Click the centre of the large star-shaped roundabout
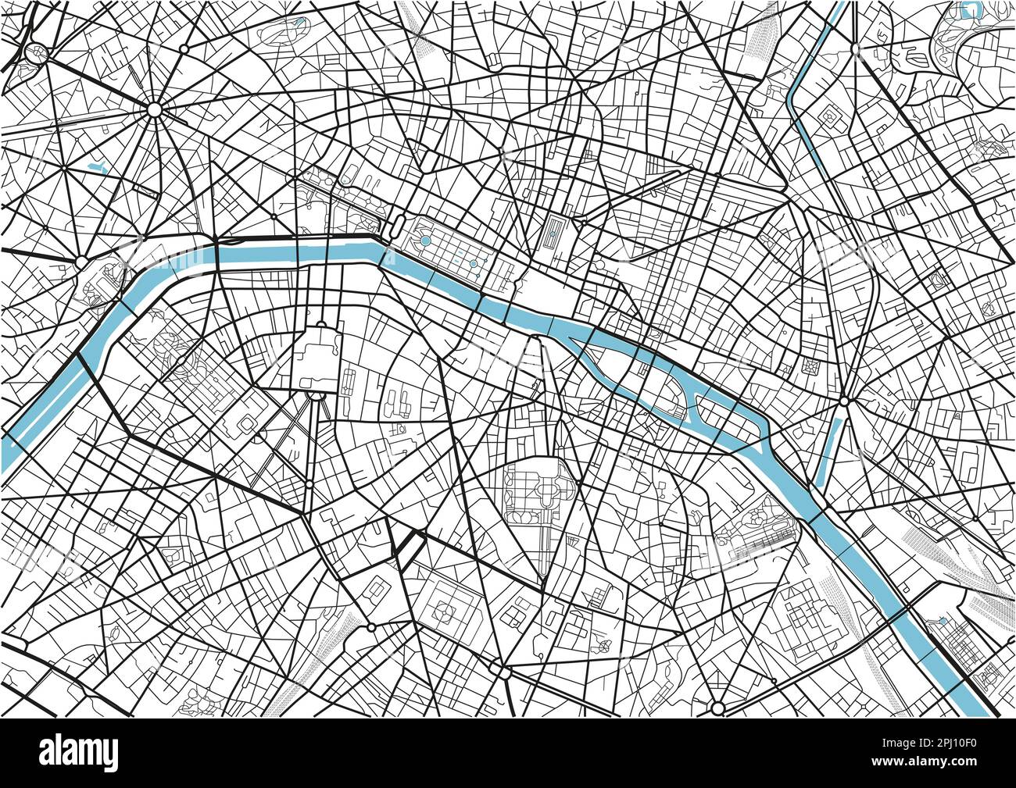click(154, 111)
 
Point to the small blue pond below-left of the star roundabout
click(98, 166)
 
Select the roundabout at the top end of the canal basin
click(845, 401)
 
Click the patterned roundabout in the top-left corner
click(35, 53)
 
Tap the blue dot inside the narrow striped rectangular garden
click(553, 232)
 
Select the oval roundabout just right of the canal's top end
click(856, 48)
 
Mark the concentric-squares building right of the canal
click(828, 116)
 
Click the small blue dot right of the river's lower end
click(943, 620)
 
